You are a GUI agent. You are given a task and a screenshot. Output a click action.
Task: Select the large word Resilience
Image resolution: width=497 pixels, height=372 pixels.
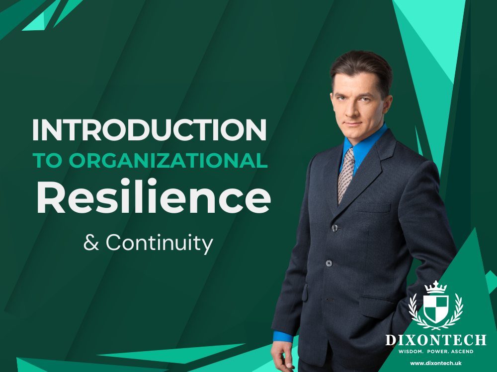coord(154,197)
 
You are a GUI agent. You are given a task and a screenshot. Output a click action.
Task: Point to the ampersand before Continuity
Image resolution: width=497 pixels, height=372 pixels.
coord(91,244)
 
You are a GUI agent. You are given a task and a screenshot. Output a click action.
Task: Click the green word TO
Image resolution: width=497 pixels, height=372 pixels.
coord(47,161)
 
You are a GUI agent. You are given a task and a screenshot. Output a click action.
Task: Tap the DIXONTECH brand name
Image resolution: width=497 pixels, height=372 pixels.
coord(436,340)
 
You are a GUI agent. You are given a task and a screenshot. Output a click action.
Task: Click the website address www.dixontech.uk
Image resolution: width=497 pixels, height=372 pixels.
coord(436,364)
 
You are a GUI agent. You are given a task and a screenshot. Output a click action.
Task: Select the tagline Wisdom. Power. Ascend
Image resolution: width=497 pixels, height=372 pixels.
coord(436,352)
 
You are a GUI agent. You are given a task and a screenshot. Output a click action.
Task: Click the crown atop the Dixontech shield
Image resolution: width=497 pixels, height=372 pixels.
coord(435,287)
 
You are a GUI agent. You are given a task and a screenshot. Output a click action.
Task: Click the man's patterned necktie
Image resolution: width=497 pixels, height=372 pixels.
coord(346,174)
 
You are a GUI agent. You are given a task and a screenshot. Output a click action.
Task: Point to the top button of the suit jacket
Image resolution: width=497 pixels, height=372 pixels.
coord(335,228)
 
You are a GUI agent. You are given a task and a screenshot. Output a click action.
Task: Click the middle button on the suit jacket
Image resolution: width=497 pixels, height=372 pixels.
coord(329,263)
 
